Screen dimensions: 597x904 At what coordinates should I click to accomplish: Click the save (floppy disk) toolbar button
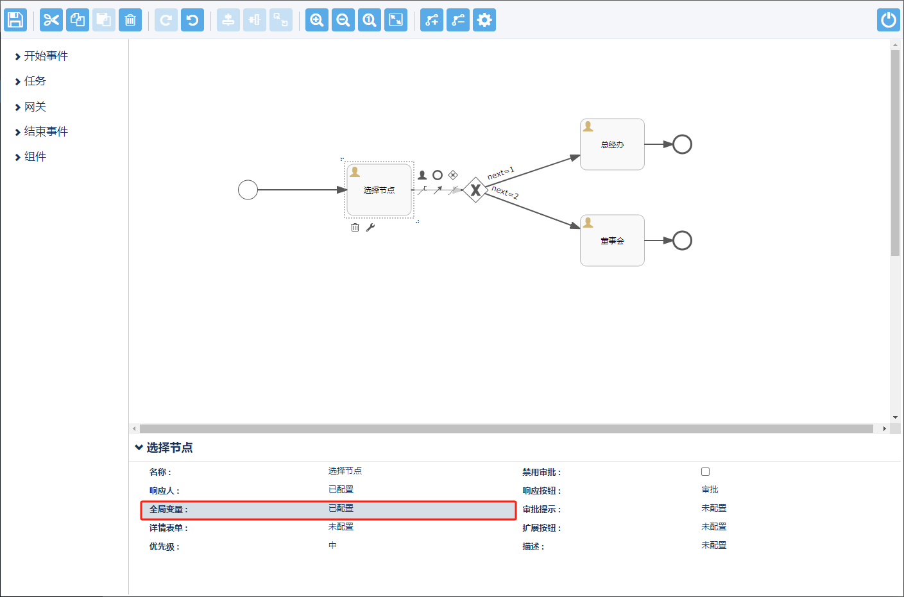(15, 20)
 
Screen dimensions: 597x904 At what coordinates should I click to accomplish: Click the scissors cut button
(51, 20)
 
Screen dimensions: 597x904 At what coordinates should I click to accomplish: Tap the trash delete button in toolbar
(130, 20)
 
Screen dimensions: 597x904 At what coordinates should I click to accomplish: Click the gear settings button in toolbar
(484, 20)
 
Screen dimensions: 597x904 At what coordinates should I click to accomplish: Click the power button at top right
(889, 20)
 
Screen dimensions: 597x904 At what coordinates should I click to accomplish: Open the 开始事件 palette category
(46, 56)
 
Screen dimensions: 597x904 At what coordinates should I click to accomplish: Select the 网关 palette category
(35, 107)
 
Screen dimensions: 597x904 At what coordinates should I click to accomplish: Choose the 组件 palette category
(35, 157)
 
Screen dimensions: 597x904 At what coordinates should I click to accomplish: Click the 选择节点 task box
(379, 190)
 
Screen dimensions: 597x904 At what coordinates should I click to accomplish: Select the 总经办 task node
(612, 145)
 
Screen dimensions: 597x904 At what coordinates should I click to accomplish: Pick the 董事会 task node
(612, 241)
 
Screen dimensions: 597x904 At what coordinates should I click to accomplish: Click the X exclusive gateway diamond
(475, 190)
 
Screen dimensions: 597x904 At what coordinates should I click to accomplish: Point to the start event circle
(248, 190)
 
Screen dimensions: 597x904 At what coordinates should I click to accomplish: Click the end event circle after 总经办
(682, 144)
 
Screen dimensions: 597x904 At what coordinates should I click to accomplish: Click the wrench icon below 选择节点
(370, 228)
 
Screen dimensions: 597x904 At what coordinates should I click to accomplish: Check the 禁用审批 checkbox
(705, 472)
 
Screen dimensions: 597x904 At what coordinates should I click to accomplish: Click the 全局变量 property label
(169, 510)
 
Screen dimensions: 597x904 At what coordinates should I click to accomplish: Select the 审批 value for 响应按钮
(710, 490)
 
